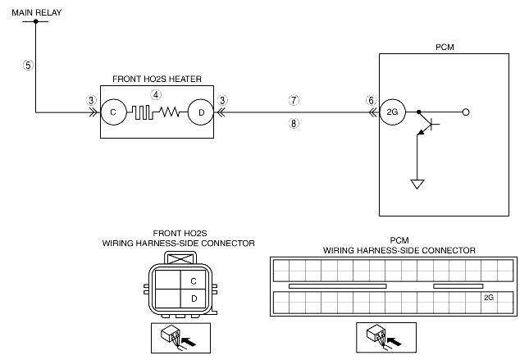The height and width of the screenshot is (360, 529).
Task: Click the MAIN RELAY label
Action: click(x=36, y=12)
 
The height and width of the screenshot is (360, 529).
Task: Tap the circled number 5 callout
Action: click(x=29, y=65)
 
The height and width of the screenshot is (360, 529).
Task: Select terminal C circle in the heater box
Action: click(x=113, y=112)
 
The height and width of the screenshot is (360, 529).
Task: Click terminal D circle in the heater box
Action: click(x=201, y=112)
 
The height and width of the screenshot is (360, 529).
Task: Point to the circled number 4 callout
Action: click(x=156, y=95)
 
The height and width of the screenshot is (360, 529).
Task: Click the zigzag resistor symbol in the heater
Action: click(x=169, y=112)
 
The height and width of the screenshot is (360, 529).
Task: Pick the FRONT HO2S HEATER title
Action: click(x=157, y=79)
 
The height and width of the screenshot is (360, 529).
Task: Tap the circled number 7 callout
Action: click(x=294, y=100)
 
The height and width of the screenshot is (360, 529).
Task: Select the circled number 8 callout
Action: click(x=294, y=124)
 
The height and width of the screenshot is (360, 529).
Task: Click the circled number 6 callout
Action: click(x=371, y=100)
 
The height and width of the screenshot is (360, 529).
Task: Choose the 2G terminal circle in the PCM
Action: click(x=392, y=112)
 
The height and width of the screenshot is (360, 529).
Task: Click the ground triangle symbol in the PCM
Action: click(x=417, y=185)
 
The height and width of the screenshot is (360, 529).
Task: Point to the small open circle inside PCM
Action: click(x=466, y=112)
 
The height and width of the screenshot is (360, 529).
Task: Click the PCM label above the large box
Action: click(x=445, y=48)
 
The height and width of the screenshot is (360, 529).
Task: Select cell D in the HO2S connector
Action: click(x=194, y=298)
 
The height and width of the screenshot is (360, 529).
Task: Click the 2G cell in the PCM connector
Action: click(x=489, y=297)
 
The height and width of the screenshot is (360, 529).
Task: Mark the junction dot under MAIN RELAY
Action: click(x=36, y=21)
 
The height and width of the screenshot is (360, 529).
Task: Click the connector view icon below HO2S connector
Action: click(x=180, y=338)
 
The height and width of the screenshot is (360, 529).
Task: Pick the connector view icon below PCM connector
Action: click(x=386, y=337)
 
